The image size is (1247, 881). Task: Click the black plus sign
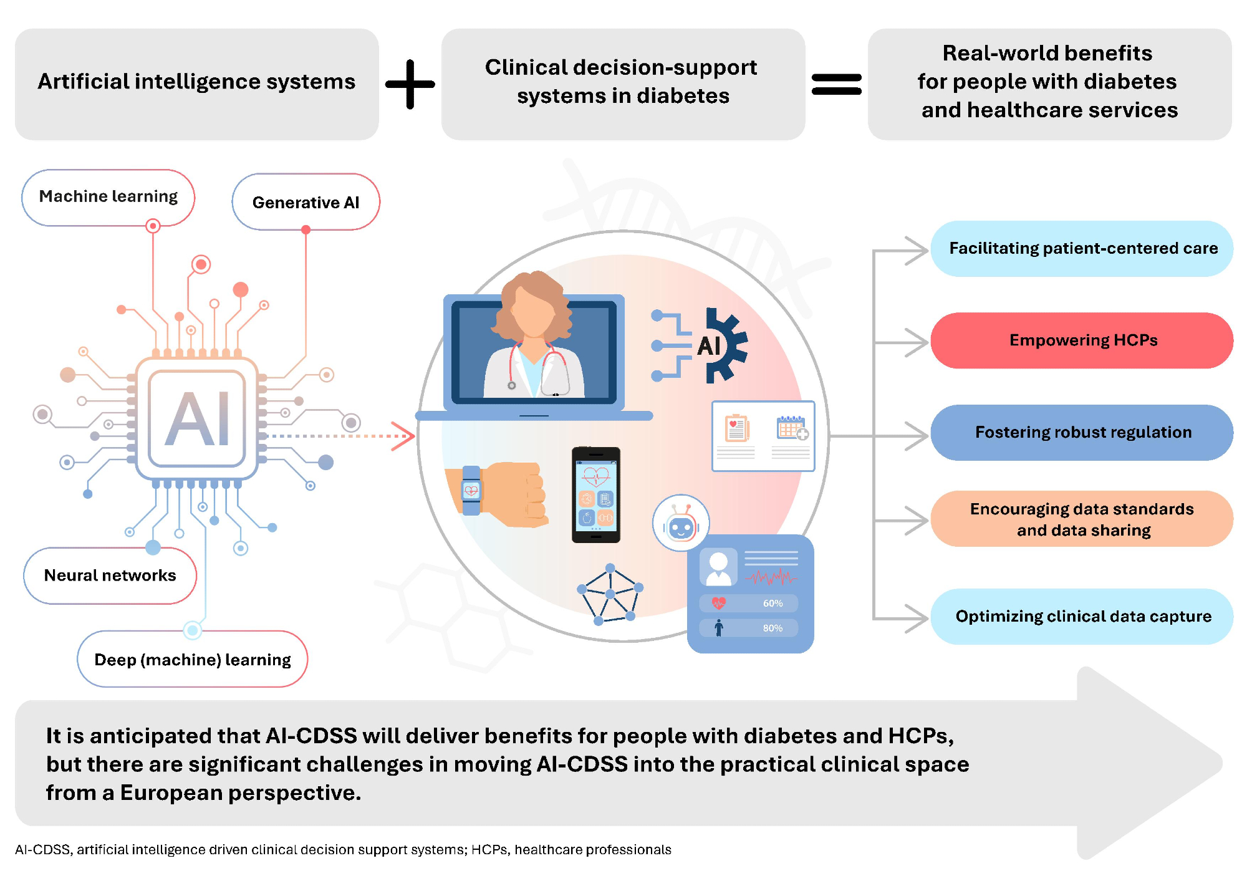(x=410, y=84)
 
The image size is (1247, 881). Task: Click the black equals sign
(x=836, y=84)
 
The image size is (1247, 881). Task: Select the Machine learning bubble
(x=108, y=197)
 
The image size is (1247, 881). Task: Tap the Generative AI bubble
(x=306, y=203)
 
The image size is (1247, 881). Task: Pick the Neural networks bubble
(x=110, y=575)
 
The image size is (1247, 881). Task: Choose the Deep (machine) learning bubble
(x=192, y=660)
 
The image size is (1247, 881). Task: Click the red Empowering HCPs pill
(x=1082, y=340)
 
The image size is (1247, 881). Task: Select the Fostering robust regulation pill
(x=1082, y=433)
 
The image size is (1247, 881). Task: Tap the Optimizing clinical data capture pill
(x=1082, y=617)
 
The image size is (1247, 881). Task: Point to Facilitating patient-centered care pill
(x=1082, y=249)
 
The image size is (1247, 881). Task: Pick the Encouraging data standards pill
(x=1082, y=519)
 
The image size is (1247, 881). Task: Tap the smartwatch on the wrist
(x=471, y=490)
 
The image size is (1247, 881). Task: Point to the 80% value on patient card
(x=773, y=628)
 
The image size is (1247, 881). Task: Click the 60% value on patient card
(x=773, y=604)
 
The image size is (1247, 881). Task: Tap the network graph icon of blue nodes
(x=610, y=594)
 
